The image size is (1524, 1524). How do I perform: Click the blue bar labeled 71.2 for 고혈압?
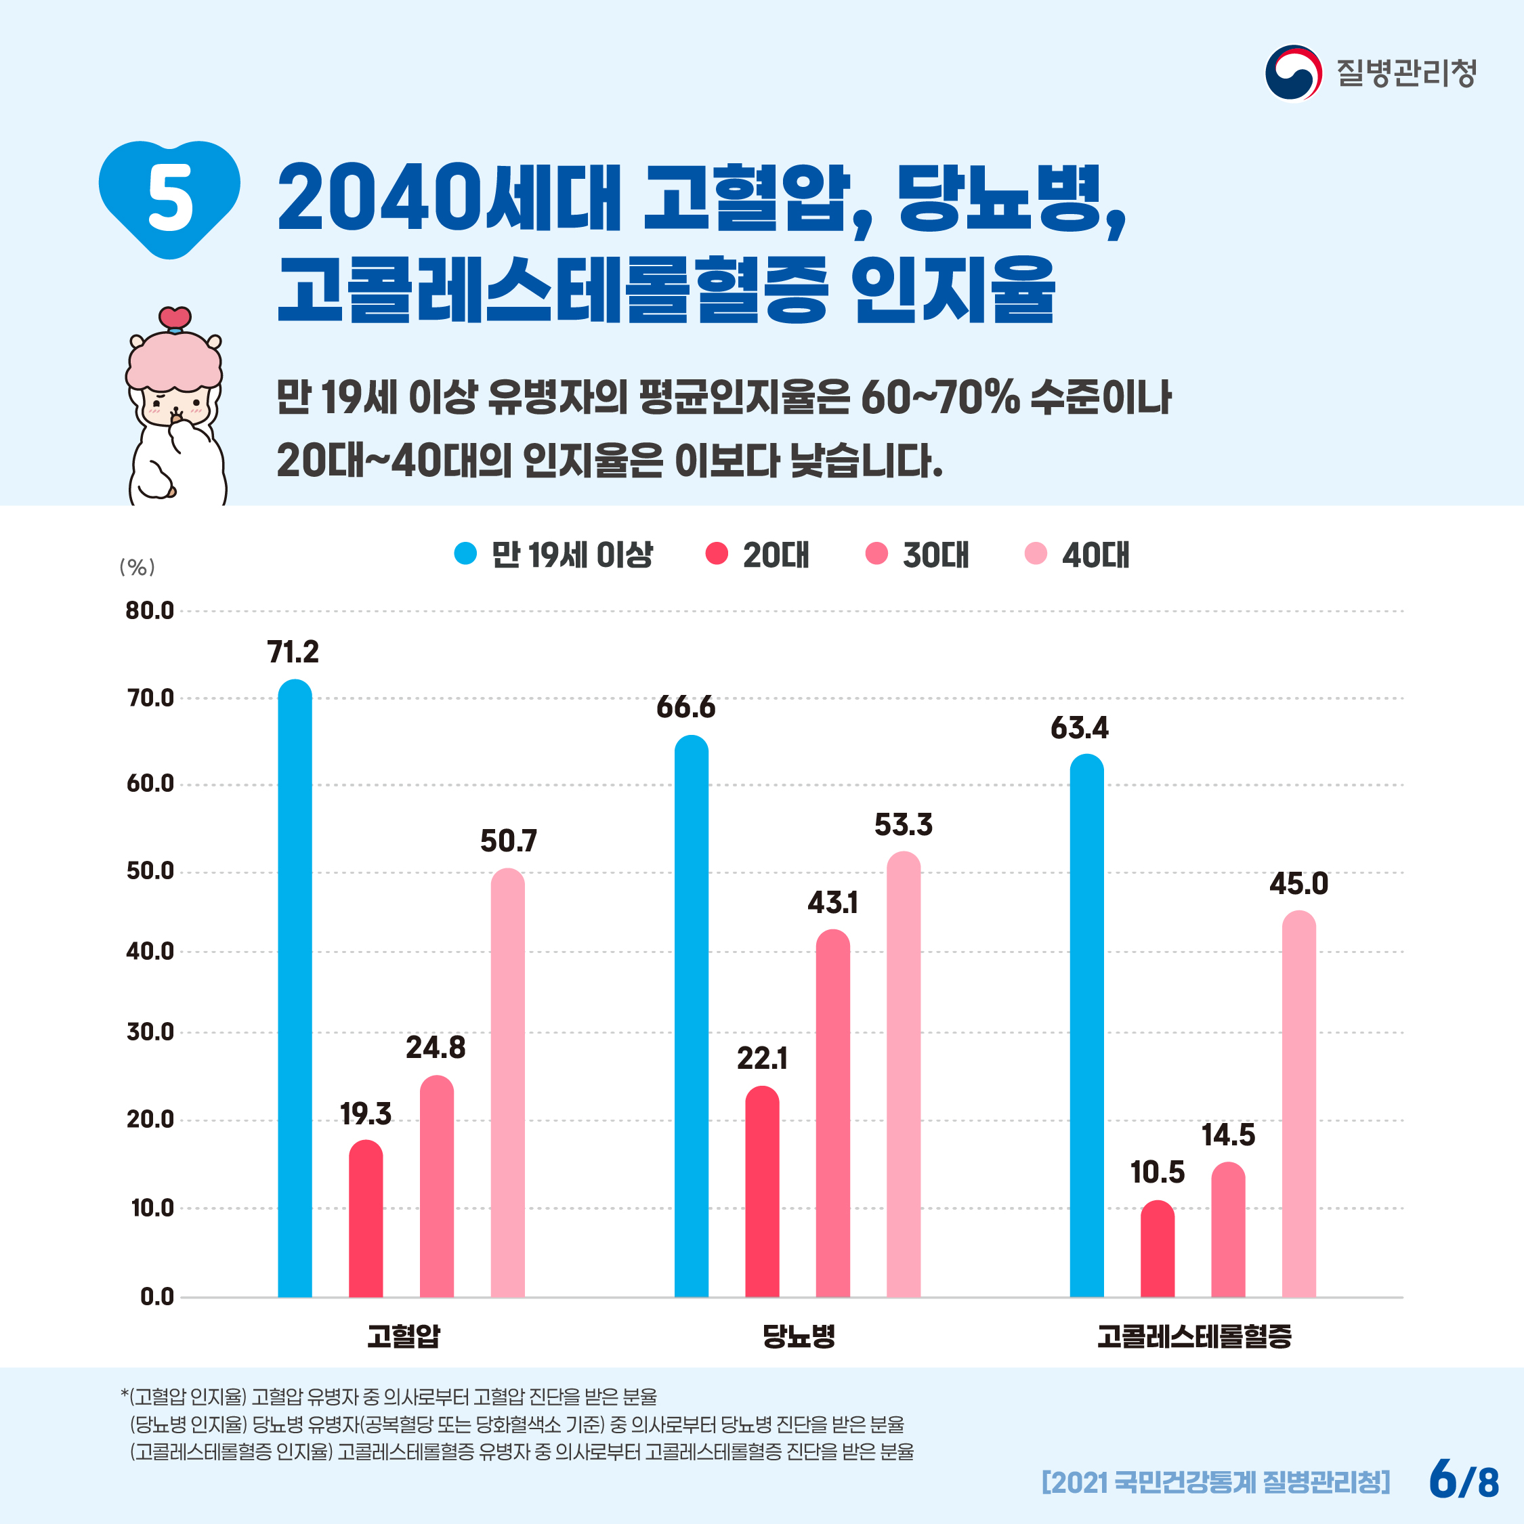pyautogui.click(x=295, y=986)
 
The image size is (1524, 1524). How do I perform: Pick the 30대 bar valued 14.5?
pyautogui.click(x=1228, y=1231)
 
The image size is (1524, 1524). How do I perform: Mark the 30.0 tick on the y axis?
pyautogui.click(x=150, y=1032)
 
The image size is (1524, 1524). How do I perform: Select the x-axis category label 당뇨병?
pyautogui.click(x=799, y=1336)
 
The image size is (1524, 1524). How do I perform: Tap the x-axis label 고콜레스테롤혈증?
pyautogui.click(x=1194, y=1336)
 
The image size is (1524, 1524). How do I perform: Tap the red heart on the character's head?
pyautogui.click(x=174, y=318)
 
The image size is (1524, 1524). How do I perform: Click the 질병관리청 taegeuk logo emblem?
pyautogui.click(x=1294, y=73)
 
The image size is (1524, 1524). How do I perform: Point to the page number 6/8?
pyautogui.click(x=1464, y=1479)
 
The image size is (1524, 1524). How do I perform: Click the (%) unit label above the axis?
pyautogui.click(x=137, y=567)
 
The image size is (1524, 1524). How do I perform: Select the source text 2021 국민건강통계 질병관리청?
pyautogui.click(x=1216, y=1481)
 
